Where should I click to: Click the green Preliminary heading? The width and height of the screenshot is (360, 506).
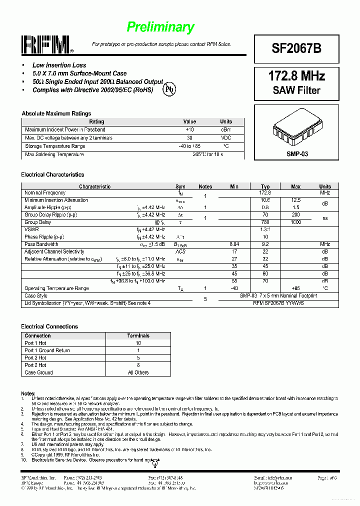click(x=160, y=27)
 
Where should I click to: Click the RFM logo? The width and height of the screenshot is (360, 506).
click(x=46, y=45)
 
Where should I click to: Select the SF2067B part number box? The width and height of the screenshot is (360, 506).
click(x=296, y=48)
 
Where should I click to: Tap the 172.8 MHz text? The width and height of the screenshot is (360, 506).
click(x=296, y=76)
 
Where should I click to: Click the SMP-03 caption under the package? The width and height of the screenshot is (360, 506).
click(x=297, y=154)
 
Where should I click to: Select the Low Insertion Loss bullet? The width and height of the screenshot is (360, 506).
click(x=59, y=65)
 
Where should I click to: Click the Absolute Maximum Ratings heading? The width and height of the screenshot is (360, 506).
click(x=56, y=113)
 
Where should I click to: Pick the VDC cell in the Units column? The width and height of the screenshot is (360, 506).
click(x=226, y=138)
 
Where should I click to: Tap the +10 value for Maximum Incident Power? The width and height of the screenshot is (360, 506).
click(x=189, y=129)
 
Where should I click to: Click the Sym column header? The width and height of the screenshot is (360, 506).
click(x=180, y=186)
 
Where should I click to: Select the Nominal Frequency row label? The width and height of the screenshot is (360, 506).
click(x=45, y=193)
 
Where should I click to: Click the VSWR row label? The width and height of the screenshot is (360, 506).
click(x=31, y=229)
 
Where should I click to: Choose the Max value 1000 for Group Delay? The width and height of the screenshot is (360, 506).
click(x=295, y=222)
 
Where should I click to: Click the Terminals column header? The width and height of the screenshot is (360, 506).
click(x=138, y=335)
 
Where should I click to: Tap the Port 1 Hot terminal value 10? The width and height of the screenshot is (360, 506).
click(x=138, y=343)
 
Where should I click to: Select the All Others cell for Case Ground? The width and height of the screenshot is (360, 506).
click(x=138, y=372)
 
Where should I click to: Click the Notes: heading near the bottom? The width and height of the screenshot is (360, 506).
click(x=28, y=394)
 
